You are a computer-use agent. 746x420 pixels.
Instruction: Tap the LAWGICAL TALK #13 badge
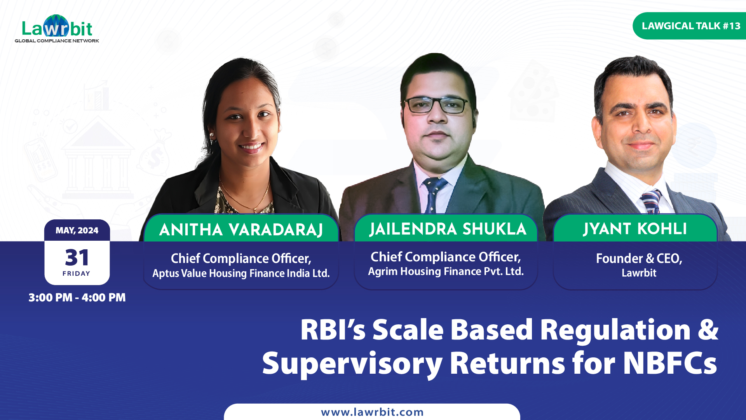(x=690, y=26)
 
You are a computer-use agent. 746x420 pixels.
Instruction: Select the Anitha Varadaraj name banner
(x=241, y=229)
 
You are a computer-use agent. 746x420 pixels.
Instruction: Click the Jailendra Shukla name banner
(x=447, y=229)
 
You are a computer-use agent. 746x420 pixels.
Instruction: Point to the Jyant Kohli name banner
(x=635, y=229)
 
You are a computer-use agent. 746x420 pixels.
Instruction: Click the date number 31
(x=77, y=257)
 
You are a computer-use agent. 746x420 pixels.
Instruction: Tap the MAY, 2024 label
(x=77, y=230)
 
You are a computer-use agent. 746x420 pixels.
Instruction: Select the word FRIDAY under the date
(x=76, y=273)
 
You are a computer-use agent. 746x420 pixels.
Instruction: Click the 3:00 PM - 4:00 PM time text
(x=77, y=297)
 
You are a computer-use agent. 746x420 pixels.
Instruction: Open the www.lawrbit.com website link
(x=372, y=412)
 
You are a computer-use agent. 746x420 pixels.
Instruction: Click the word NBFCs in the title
(x=670, y=363)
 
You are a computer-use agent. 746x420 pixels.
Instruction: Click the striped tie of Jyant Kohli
(x=651, y=201)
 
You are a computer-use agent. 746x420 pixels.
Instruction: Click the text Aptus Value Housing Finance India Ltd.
(x=241, y=273)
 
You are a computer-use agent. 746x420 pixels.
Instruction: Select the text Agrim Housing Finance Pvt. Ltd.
(x=446, y=271)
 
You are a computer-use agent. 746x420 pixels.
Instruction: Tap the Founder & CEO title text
(x=639, y=258)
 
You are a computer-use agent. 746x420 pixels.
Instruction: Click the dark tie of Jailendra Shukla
(x=434, y=195)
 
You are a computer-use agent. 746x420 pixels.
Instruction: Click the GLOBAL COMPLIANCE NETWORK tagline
(x=57, y=41)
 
